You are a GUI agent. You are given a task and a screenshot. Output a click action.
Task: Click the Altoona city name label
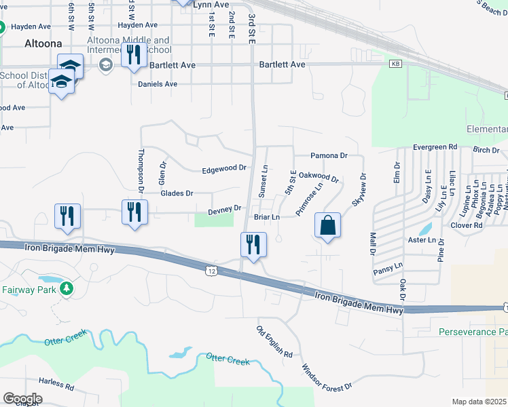coord(43,44)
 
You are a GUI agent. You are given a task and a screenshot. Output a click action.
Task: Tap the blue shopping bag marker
coord(327,227)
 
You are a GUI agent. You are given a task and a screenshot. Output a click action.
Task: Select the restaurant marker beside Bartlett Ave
coord(134,54)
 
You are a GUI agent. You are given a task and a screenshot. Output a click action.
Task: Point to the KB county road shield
coord(395,64)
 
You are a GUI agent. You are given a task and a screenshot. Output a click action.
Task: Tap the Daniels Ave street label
coord(158,84)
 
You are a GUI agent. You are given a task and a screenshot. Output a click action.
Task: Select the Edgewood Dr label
coord(223,168)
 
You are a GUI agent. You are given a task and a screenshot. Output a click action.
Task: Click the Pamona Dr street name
coord(329,155)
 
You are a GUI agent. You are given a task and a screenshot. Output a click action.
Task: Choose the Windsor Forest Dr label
coord(327,376)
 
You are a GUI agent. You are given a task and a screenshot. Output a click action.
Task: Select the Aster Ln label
coord(422,240)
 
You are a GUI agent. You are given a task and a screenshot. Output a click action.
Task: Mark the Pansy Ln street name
coord(388,271)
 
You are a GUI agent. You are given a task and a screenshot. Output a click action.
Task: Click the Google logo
coord(22,398)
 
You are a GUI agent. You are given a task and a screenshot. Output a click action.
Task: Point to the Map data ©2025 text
coord(479,402)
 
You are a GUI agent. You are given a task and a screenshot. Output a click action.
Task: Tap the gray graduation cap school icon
coord(105,64)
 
